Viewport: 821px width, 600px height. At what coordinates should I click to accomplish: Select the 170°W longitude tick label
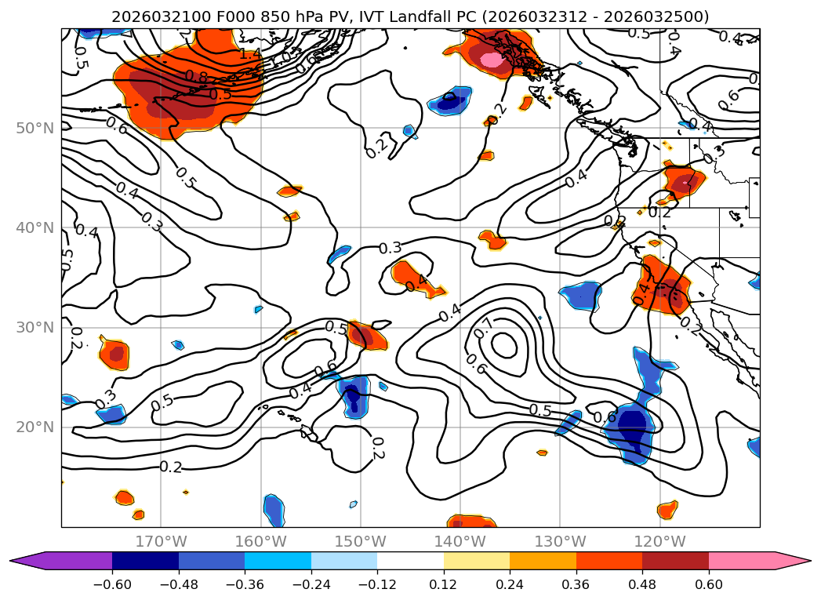[161, 541]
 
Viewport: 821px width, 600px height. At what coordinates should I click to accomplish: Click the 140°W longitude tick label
[460, 541]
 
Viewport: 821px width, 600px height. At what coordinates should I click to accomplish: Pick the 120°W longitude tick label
[659, 541]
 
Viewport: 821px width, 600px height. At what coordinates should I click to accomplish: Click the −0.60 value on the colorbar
[112, 584]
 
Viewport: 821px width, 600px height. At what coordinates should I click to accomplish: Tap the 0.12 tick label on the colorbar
[443, 584]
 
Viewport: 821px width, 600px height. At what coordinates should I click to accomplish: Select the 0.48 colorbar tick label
[642, 584]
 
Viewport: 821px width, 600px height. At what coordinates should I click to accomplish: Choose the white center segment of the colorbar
[410, 561]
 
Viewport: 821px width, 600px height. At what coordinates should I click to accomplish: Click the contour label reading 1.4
[250, 54]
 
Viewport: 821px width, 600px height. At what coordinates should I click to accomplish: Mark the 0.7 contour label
[484, 324]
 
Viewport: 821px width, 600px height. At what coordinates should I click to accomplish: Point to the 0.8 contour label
[197, 77]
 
